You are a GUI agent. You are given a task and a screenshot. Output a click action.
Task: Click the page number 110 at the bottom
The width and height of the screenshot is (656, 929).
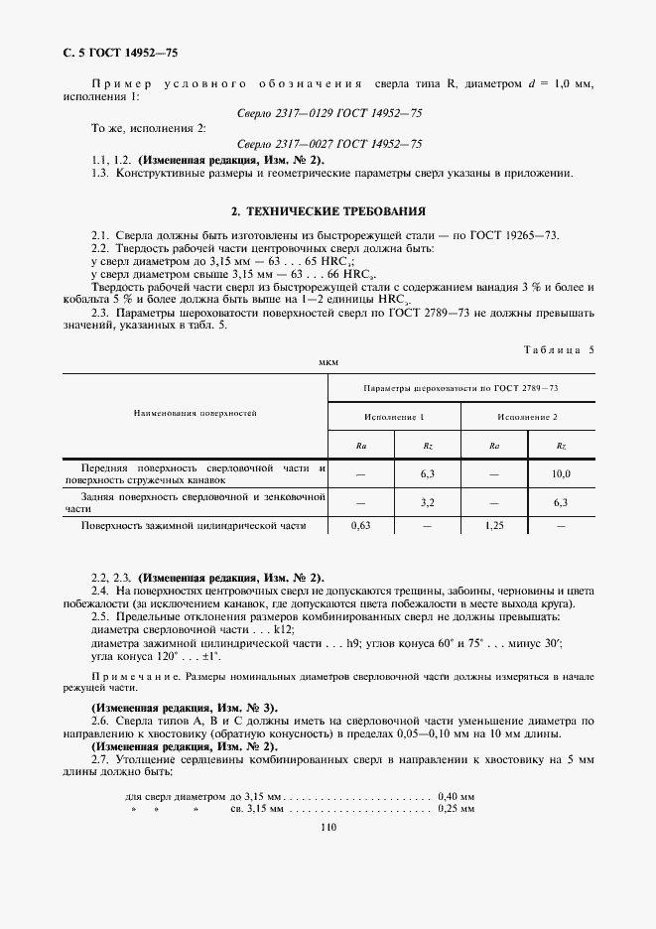pyautogui.click(x=328, y=831)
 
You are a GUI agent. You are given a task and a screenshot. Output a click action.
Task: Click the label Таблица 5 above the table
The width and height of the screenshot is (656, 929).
pyautogui.click(x=557, y=349)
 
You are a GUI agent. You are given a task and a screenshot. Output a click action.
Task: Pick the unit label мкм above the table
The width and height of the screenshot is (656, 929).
pyautogui.click(x=328, y=363)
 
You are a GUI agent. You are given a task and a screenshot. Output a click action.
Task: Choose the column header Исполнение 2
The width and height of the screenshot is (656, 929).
pyautogui.click(x=527, y=417)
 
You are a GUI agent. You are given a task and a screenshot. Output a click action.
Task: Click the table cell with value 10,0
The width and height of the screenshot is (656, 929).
pyautogui.click(x=561, y=475)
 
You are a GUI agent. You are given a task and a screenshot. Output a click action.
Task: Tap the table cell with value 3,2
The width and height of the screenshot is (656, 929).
pyautogui.click(x=428, y=502)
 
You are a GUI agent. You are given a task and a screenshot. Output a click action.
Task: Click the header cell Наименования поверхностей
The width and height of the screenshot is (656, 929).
pyautogui.click(x=196, y=411)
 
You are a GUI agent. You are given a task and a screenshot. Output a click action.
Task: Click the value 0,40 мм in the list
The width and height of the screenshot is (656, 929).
pyautogui.click(x=456, y=797)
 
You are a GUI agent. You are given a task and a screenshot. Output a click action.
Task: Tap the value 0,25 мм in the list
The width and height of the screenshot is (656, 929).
pyautogui.click(x=456, y=810)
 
